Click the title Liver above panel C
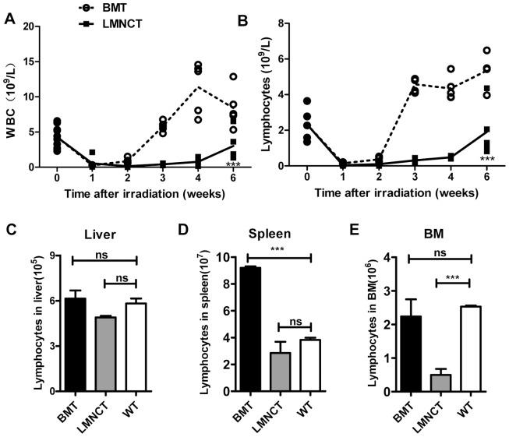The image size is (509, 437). coord(101,233)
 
